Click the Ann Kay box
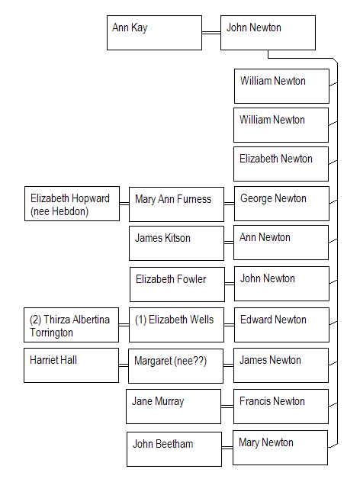click(x=154, y=33)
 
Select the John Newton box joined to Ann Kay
click(x=268, y=33)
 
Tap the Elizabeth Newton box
click(x=281, y=164)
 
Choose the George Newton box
click(x=281, y=204)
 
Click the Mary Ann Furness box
click(x=176, y=204)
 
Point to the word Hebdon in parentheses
click(x=74, y=211)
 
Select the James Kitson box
click(x=176, y=243)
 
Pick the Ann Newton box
click(x=281, y=243)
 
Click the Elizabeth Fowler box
click(x=177, y=285)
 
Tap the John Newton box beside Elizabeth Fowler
click(x=281, y=284)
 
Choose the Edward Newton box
click(x=281, y=325)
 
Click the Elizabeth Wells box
click(x=176, y=325)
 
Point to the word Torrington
click(x=51, y=333)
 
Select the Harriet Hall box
click(x=71, y=365)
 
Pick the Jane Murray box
click(x=173, y=407)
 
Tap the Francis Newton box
click(x=281, y=407)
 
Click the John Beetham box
click(x=174, y=449)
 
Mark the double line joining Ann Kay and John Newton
click(x=211, y=33)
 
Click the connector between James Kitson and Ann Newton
click(x=229, y=243)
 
